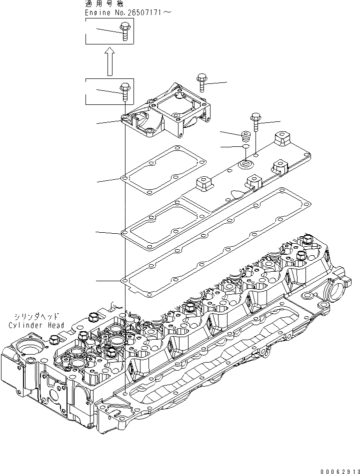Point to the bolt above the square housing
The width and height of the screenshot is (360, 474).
pos(201,82)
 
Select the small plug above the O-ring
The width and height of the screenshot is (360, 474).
pos(245,136)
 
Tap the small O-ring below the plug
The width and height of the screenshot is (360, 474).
pos(245,147)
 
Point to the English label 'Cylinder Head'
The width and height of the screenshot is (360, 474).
pos(36,325)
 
